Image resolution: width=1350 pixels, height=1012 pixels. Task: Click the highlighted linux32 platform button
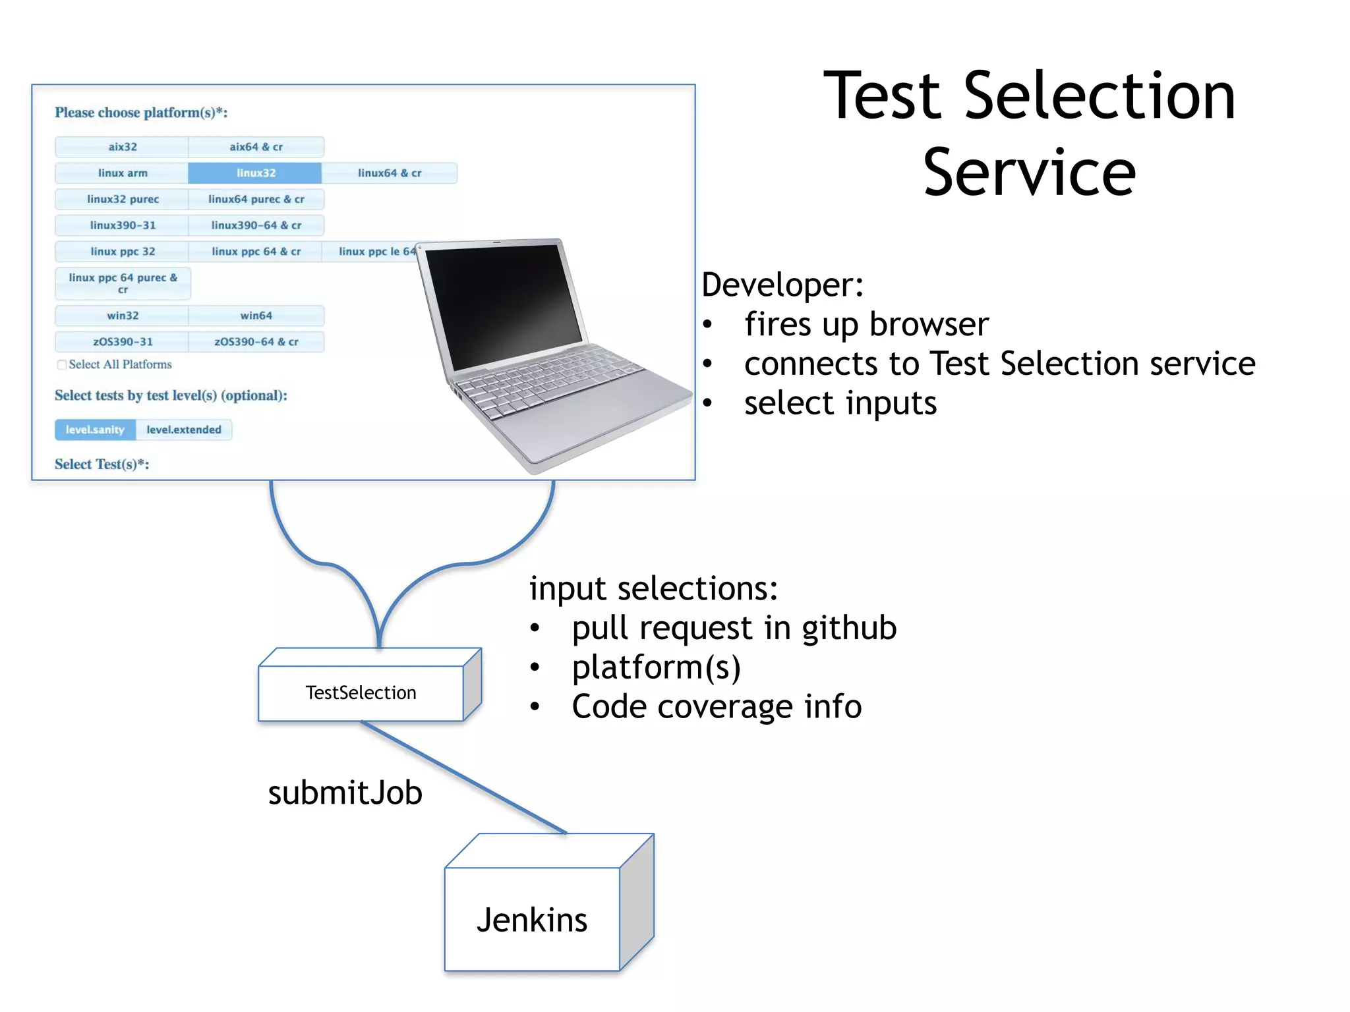255,173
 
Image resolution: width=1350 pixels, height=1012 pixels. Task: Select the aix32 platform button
122,147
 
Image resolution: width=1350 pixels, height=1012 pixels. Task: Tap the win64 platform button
256,316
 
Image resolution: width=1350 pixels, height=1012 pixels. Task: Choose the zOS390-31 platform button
122,342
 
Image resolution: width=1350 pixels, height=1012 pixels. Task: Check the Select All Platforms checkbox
62,365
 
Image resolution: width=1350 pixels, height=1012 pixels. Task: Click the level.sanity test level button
95,430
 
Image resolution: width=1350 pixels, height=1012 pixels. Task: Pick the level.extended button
183,430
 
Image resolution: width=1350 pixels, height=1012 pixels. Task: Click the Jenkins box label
531,920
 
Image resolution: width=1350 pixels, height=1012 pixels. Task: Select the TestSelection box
361,693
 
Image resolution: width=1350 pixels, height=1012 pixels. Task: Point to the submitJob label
345,793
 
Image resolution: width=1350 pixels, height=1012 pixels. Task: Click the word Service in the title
1029,173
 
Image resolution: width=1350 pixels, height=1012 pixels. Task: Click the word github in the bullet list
849,628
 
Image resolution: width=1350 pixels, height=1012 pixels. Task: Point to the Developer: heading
782,285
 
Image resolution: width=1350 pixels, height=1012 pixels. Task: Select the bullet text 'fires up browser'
866,324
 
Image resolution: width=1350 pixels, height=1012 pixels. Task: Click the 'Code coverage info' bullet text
717,707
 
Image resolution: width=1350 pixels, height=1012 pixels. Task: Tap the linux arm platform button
122,173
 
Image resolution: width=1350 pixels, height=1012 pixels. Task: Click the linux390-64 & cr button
256,225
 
